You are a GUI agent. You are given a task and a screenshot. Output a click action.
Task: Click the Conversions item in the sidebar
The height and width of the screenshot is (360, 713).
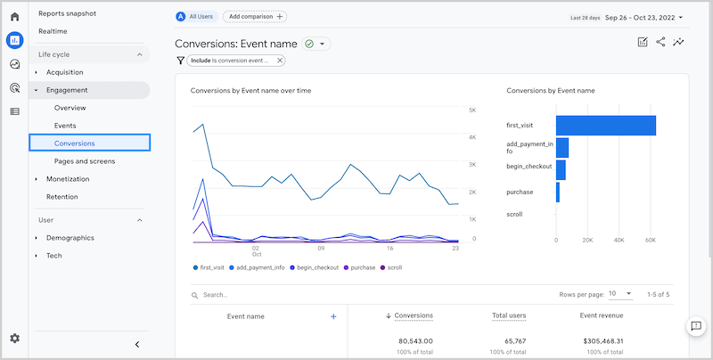click(x=75, y=143)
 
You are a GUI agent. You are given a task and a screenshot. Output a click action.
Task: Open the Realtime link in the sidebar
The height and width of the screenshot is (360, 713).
click(x=53, y=31)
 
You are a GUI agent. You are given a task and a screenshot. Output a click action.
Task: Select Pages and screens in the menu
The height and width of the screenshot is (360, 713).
click(x=85, y=161)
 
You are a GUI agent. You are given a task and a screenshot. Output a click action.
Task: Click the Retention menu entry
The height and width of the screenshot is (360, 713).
click(x=61, y=197)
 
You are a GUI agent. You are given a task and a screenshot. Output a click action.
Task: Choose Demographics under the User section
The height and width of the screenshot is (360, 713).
click(x=70, y=238)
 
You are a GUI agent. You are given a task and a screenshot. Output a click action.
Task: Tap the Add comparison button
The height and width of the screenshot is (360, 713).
click(x=255, y=16)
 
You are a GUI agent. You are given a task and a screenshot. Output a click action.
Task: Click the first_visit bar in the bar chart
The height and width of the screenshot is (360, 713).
click(x=605, y=126)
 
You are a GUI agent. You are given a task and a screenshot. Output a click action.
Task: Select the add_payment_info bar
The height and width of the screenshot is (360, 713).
click(x=561, y=148)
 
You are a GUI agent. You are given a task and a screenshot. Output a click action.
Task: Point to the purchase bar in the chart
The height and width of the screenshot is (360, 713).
click(x=557, y=192)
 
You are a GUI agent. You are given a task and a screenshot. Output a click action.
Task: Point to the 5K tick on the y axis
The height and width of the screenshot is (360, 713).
click(x=472, y=110)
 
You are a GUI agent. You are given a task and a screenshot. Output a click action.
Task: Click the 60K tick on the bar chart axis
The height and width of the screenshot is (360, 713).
click(x=651, y=240)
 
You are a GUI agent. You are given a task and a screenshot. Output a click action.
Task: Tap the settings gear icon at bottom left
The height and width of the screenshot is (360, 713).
click(x=14, y=339)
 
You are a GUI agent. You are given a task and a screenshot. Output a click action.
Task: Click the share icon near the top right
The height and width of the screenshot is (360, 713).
click(x=660, y=42)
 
